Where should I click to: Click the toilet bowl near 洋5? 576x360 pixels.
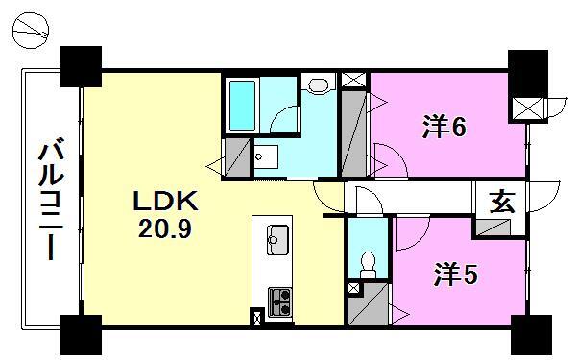366,262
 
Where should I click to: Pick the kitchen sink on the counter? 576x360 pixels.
276,238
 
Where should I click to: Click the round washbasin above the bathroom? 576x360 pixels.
319,87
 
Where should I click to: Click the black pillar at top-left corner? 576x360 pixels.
80,65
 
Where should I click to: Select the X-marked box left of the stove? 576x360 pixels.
257,317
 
